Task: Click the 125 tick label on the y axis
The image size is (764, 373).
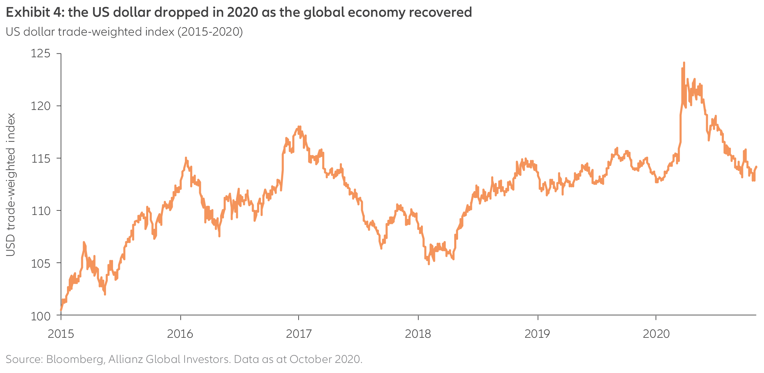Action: pyautogui.click(x=40, y=54)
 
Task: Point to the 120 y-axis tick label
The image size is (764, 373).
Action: pyautogui.click(x=40, y=106)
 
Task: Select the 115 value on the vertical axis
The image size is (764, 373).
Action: pyautogui.click(x=40, y=158)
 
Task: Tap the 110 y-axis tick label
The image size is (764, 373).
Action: pyautogui.click(x=40, y=211)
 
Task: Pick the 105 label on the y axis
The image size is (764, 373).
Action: pyautogui.click(x=40, y=263)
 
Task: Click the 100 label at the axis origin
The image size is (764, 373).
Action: pyautogui.click(x=40, y=316)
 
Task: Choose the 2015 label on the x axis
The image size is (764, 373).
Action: pyautogui.click(x=61, y=334)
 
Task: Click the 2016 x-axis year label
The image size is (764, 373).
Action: pyautogui.click(x=180, y=334)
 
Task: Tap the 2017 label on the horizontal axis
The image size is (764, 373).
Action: pyautogui.click(x=299, y=334)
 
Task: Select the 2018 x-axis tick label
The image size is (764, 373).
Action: pyautogui.click(x=418, y=334)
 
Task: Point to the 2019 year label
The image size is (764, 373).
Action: pyautogui.click(x=537, y=334)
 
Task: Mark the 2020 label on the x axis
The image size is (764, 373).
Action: pyautogui.click(x=656, y=334)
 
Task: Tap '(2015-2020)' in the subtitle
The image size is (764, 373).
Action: pyautogui.click(x=210, y=32)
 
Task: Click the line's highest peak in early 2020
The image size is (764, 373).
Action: pyautogui.click(x=684, y=63)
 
